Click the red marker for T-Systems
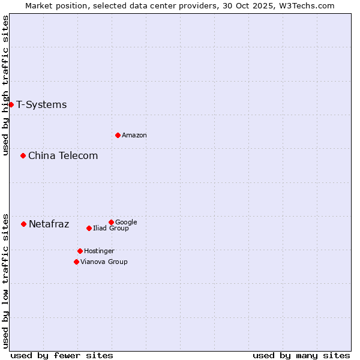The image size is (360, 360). click(11, 104)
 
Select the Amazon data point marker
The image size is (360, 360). click(118, 135)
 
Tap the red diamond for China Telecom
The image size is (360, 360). click(23, 155)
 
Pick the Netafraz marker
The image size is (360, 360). click(23, 224)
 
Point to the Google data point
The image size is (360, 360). click(111, 222)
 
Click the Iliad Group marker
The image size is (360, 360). click(89, 228)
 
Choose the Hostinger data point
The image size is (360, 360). click(80, 251)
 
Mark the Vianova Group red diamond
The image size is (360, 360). click(76, 262)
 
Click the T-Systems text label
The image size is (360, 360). click(41, 105)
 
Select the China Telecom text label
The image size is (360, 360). click(63, 156)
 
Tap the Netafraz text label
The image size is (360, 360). click(49, 224)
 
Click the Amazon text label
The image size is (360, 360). click(134, 136)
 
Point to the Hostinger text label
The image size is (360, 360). click(99, 251)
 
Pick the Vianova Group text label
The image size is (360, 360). click(104, 262)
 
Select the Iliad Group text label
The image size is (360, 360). click(111, 229)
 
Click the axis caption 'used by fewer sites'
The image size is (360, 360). click(62, 356)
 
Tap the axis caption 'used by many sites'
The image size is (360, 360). click(301, 356)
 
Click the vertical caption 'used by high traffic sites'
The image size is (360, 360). click(6, 85)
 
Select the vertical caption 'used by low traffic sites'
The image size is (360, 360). click(6, 281)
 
